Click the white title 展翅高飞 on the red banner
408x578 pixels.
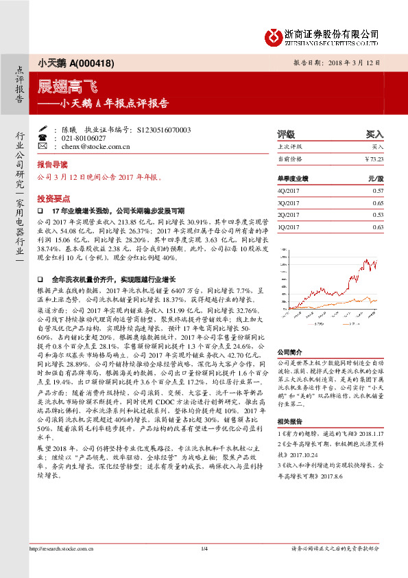tap(58, 87)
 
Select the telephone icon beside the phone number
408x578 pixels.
tap(42, 138)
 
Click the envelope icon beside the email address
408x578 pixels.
tap(42, 147)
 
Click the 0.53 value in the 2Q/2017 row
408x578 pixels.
tap(378, 214)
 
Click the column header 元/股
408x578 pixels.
tap(376, 177)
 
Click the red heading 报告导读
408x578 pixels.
tap(53, 165)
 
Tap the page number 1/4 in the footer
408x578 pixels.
tap(204, 568)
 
